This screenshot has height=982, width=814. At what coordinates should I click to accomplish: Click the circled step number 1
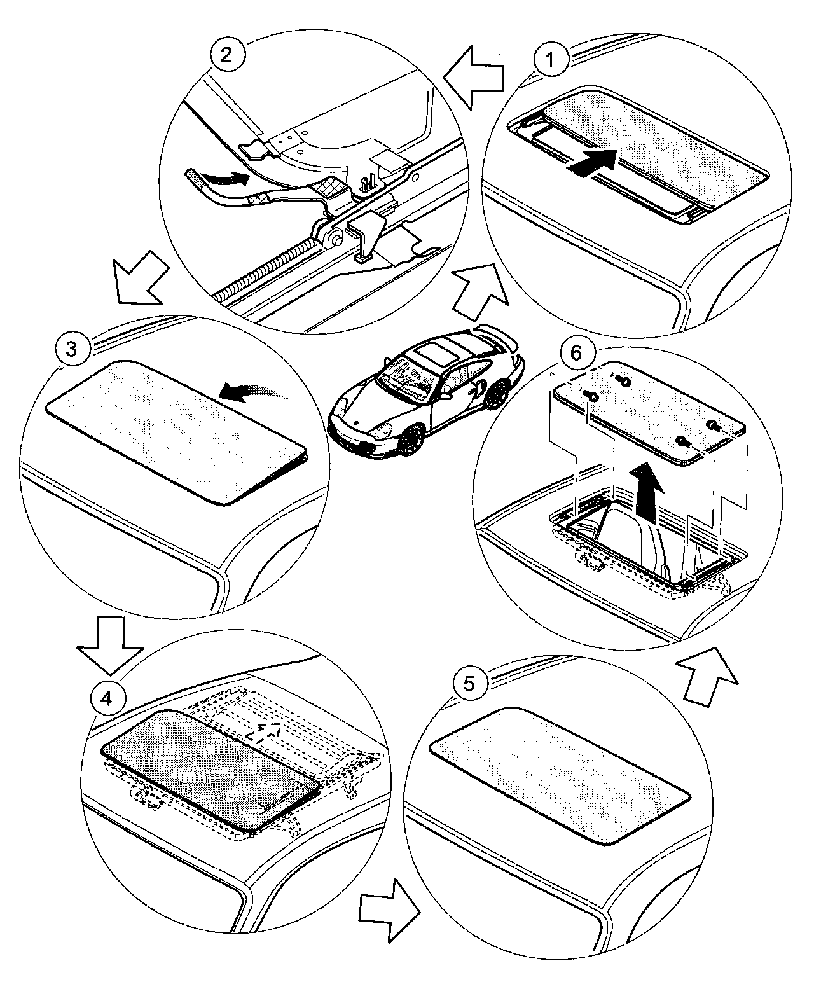(x=551, y=60)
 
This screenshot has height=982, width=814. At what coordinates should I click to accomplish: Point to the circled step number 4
(x=106, y=698)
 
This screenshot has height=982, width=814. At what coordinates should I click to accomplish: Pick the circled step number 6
(x=576, y=353)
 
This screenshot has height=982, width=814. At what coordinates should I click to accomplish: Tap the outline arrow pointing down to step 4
(x=110, y=642)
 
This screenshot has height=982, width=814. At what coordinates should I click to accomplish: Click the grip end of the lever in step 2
(x=195, y=174)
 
